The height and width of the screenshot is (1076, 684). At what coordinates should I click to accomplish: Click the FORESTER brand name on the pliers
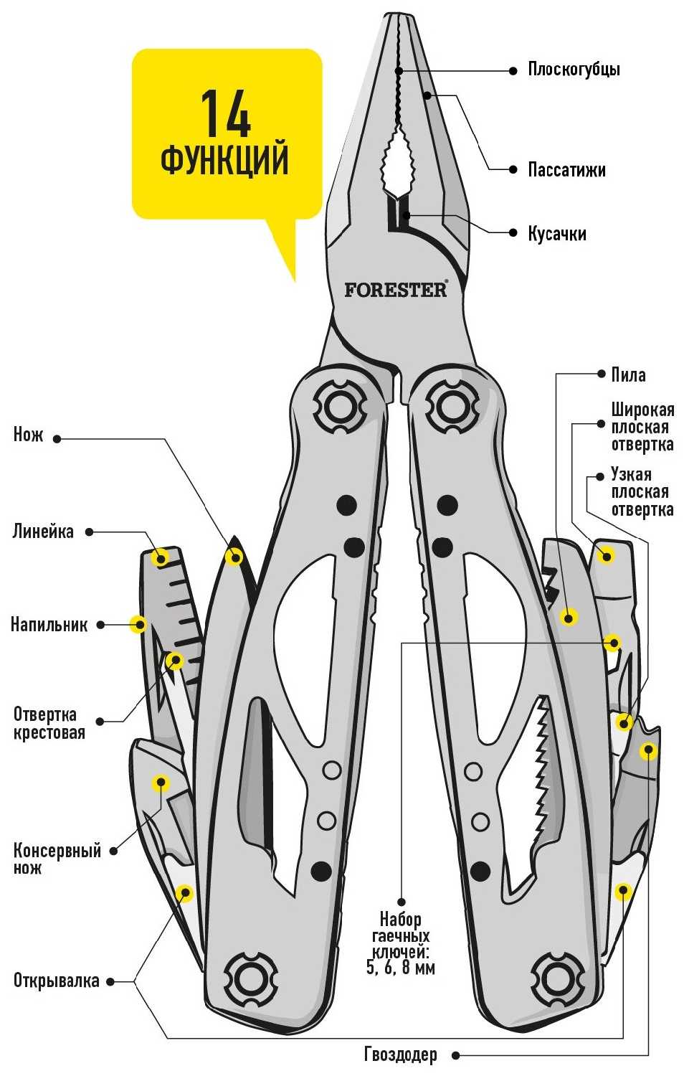coord(395,290)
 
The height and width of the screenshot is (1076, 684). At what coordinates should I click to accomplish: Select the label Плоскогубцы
coord(574,70)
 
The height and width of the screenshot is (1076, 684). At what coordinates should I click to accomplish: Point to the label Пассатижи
coord(566,170)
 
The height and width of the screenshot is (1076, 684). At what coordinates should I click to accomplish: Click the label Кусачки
coord(557,234)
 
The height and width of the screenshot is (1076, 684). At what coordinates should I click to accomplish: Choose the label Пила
coord(628,374)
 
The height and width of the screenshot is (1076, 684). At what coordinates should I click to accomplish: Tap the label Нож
coord(29,435)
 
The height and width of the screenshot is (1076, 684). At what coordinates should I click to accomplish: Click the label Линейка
coord(43,532)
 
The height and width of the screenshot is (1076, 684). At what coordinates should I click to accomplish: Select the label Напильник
coord(49,624)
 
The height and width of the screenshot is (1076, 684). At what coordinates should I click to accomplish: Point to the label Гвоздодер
coord(400,1054)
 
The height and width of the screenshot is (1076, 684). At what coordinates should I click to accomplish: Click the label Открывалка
coord(56,981)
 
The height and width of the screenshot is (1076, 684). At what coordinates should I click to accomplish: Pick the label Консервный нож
coord(57,859)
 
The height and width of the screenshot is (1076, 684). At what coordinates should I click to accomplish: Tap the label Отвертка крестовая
coord(49,723)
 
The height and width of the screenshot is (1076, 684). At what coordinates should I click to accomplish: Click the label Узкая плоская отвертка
coord(642,492)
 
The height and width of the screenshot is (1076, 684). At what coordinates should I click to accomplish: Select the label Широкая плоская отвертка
coord(642,427)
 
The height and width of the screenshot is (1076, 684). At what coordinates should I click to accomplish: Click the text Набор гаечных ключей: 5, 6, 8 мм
coord(401,943)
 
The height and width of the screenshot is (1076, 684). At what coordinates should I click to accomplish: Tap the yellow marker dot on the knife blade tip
coord(234,556)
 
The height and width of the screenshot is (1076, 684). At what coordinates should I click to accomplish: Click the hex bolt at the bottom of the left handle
coord(250,977)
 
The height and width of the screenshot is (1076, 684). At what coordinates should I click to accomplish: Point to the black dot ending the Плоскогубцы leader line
coord(513,70)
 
